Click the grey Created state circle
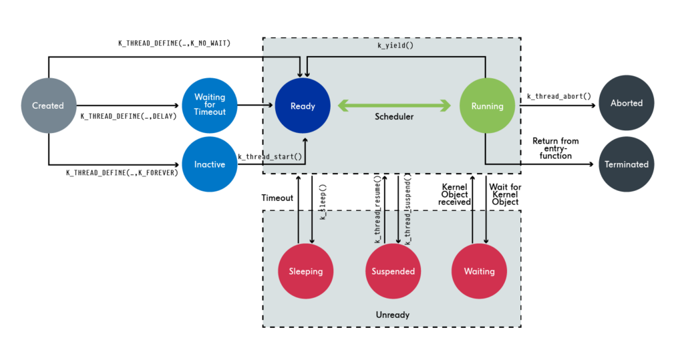[x=48, y=106]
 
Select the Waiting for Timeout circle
[x=210, y=105]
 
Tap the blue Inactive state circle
[x=210, y=164]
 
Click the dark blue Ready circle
[x=303, y=106]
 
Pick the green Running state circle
[x=487, y=106]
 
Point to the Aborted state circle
[x=626, y=103]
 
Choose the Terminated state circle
[x=626, y=164]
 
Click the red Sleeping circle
[x=306, y=271]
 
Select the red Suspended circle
[x=393, y=271]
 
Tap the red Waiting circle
[x=479, y=271]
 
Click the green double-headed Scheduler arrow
[x=394, y=105]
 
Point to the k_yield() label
[x=394, y=47]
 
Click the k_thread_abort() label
[x=558, y=96]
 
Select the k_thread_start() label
[x=271, y=158]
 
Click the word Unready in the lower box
[x=392, y=314]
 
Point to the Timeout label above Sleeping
[x=277, y=198]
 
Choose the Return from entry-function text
[x=555, y=148]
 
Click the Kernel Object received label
[x=454, y=194]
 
